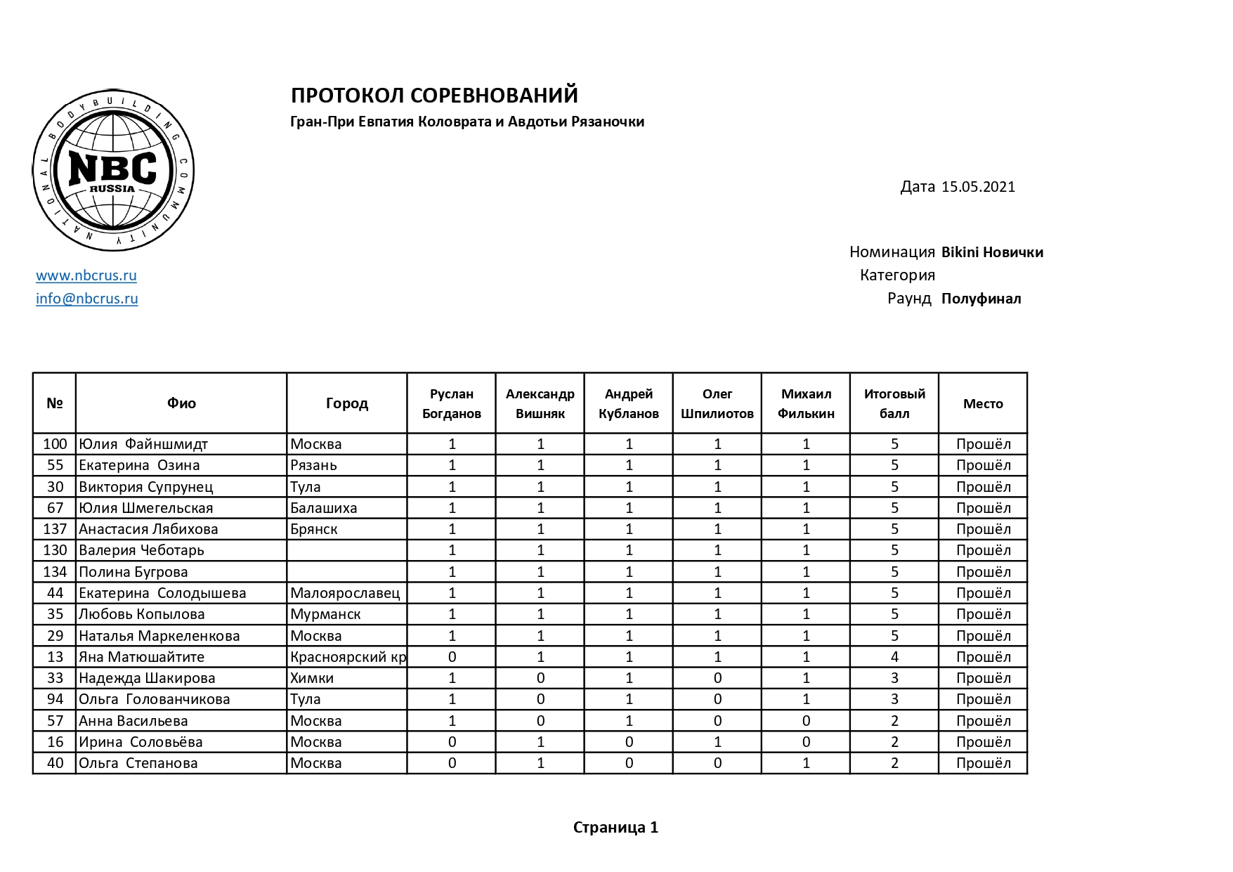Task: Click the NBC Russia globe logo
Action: (x=113, y=171)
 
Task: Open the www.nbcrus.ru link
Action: (x=86, y=275)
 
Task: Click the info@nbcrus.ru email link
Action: (x=87, y=299)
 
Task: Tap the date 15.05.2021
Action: (x=978, y=187)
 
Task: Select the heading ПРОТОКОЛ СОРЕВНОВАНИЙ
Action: (x=434, y=95)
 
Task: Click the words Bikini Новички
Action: (x=992, y=252)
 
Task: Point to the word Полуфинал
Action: (x=981, y=299)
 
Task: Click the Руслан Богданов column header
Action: (x=452, y=403)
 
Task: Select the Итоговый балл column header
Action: (x=894, y=403)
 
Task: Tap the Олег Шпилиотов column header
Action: (x=717, y=403)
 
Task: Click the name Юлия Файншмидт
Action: (x=143, y=444)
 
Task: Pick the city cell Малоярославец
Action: (x=345, y=593)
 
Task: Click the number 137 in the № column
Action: (x=55, y=529)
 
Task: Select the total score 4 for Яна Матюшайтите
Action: (x=894, y=657)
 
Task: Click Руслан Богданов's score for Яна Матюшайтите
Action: (x=452, y=657)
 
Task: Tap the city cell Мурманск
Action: (x=325, y=614)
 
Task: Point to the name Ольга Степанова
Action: (x=138, y=763)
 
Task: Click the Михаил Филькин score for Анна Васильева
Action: (x=806, y=721)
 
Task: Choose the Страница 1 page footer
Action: (x=615, y=828)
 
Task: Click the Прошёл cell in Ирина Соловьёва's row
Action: (x=983, y=742)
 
